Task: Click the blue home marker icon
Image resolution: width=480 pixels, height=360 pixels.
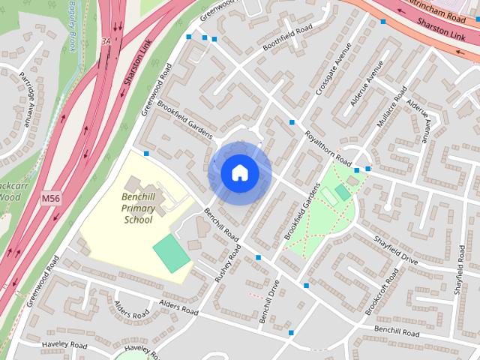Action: [x=240, y=172]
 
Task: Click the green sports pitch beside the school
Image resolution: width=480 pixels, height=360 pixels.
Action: [x=172, y=253]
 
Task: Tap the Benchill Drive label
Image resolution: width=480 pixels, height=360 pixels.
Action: [x=268, y=301]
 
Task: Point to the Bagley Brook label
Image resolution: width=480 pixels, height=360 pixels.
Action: [x=72, y=26]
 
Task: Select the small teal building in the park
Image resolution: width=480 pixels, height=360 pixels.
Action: [x=343, y=192]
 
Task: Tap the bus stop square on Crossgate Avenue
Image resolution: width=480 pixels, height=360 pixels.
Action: [x=292, y=122]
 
